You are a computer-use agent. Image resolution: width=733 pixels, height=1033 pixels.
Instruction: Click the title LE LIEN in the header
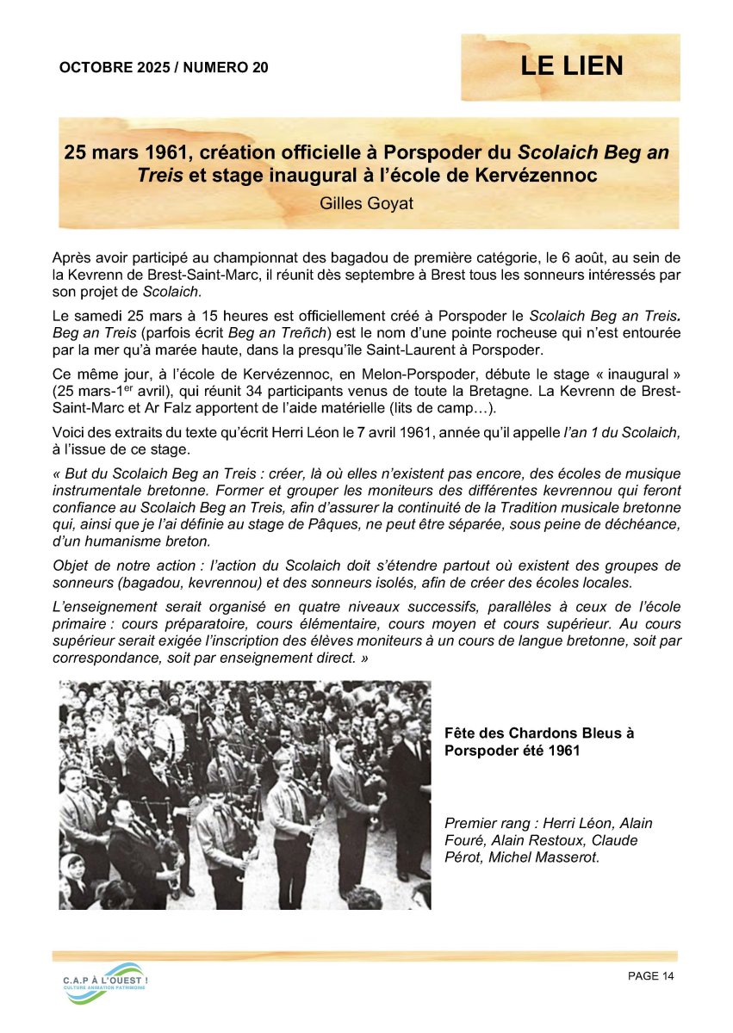click(571, 66)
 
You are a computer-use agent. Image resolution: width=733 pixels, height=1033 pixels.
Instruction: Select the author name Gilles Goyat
click(366, 206)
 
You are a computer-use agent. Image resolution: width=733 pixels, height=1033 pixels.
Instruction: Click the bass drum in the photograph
click(168, 734)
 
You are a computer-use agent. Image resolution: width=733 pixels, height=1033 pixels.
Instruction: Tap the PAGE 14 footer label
click(651, 975)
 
